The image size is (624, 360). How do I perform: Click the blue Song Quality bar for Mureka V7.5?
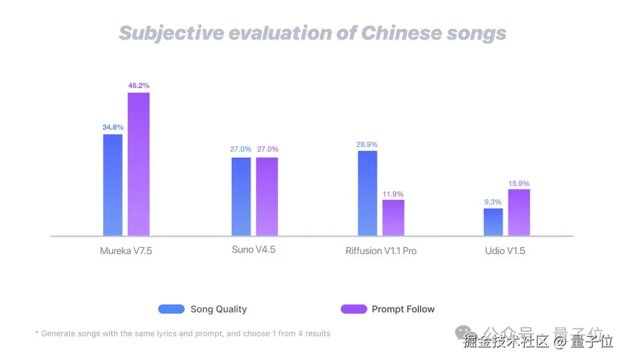113,185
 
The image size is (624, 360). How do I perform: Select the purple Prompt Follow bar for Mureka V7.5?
139,164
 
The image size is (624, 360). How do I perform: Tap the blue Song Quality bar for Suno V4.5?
241,196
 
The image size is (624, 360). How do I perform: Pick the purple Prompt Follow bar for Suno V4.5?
267,196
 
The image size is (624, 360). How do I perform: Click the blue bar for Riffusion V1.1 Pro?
367,193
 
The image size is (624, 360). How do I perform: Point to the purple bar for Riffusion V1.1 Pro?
393,218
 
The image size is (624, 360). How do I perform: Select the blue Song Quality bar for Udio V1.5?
493,222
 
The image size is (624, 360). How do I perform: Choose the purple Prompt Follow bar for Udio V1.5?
519,212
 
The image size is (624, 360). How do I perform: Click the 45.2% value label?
139,86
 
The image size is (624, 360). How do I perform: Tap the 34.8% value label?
113,127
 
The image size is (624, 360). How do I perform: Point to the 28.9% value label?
367,143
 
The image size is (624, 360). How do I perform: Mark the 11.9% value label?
393,194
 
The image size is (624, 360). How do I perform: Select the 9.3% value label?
493,202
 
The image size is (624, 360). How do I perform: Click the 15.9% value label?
519,183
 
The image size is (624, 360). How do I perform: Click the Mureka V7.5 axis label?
125,251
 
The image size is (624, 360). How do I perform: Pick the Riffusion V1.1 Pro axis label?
381,251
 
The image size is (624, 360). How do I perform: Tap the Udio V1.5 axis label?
505,251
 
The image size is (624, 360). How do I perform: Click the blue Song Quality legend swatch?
171,309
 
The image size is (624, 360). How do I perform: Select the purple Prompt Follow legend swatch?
354,309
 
